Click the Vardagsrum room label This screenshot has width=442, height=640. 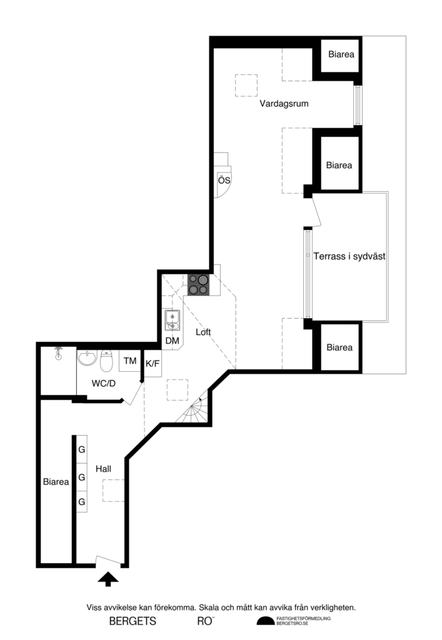(284, 103)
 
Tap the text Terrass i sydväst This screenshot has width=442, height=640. (349, 256)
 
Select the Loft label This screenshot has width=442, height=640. (203, 332)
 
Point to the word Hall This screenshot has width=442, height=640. (104, 468)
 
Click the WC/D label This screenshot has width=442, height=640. (104, 382)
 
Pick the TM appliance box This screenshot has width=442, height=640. (130, 361)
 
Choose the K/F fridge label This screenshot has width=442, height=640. (153, 364)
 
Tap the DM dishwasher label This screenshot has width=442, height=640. (172, 341)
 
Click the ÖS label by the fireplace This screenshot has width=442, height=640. (224, 181)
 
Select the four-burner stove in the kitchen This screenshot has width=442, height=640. (199, 285)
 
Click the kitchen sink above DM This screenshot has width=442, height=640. (173, 320)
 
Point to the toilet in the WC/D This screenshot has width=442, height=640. (106, 360)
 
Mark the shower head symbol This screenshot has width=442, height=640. (58, 354)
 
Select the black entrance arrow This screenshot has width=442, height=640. (108, 579)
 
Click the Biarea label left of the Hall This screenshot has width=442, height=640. (56, 482)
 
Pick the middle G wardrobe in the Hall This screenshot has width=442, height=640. (81, 477)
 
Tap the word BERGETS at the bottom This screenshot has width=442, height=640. (133, 622)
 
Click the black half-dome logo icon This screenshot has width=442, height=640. (265, 621)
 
